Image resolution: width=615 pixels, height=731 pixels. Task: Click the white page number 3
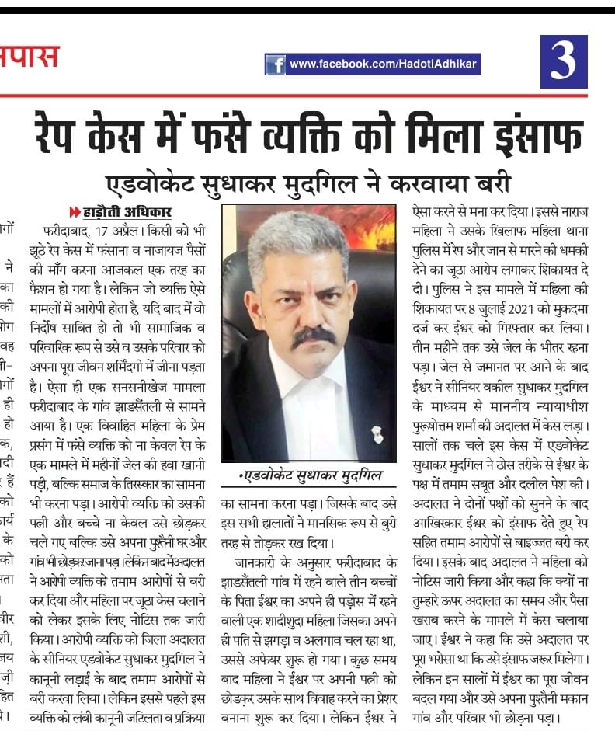(x=563, y=62)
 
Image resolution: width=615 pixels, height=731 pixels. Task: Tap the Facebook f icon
(x=275, y=64)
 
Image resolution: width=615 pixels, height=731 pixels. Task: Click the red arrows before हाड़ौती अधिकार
(x=75, y=212)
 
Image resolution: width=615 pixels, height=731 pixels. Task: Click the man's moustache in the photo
(x=313, y=336)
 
